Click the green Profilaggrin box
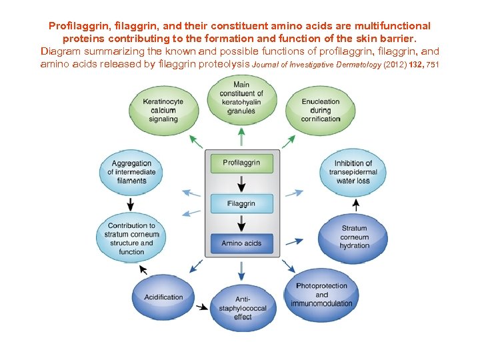coord(241,163)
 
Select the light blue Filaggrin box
coord(241,203)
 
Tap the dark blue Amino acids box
coord(241,243)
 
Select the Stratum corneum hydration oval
coord(354,237)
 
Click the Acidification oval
coord(163,297)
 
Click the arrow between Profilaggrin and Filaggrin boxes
coord(241,183)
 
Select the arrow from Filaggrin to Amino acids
coord(241,223)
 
